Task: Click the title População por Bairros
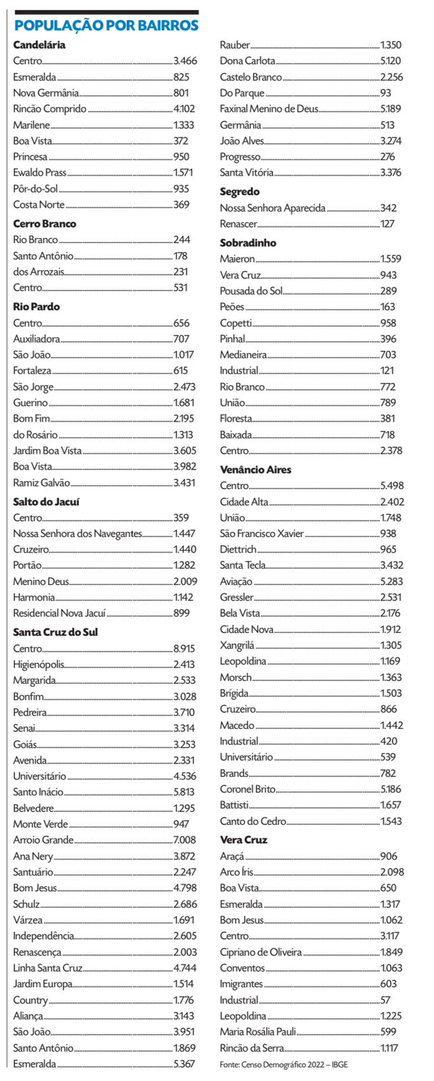(106, 26)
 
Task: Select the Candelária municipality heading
(39, 45)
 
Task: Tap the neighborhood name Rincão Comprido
(49, 109)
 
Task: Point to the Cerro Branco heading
(45, 224)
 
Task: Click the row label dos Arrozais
(39, 272)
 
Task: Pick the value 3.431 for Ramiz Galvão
(184, 482)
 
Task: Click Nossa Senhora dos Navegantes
(77, 533)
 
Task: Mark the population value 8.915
(184, 649)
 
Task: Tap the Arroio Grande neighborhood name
(43, 840)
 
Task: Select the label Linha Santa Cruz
(47, 967)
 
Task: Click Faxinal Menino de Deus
(268, 109)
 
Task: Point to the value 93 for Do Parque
(385, 93)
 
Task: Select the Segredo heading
(239, 192)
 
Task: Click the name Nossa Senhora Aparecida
(272, 208)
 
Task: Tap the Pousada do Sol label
(251, 291)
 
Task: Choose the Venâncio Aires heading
(256, 470)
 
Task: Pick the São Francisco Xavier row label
(262, 533)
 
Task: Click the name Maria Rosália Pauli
(258, 1032)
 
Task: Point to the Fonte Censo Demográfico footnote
(283, 1065)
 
